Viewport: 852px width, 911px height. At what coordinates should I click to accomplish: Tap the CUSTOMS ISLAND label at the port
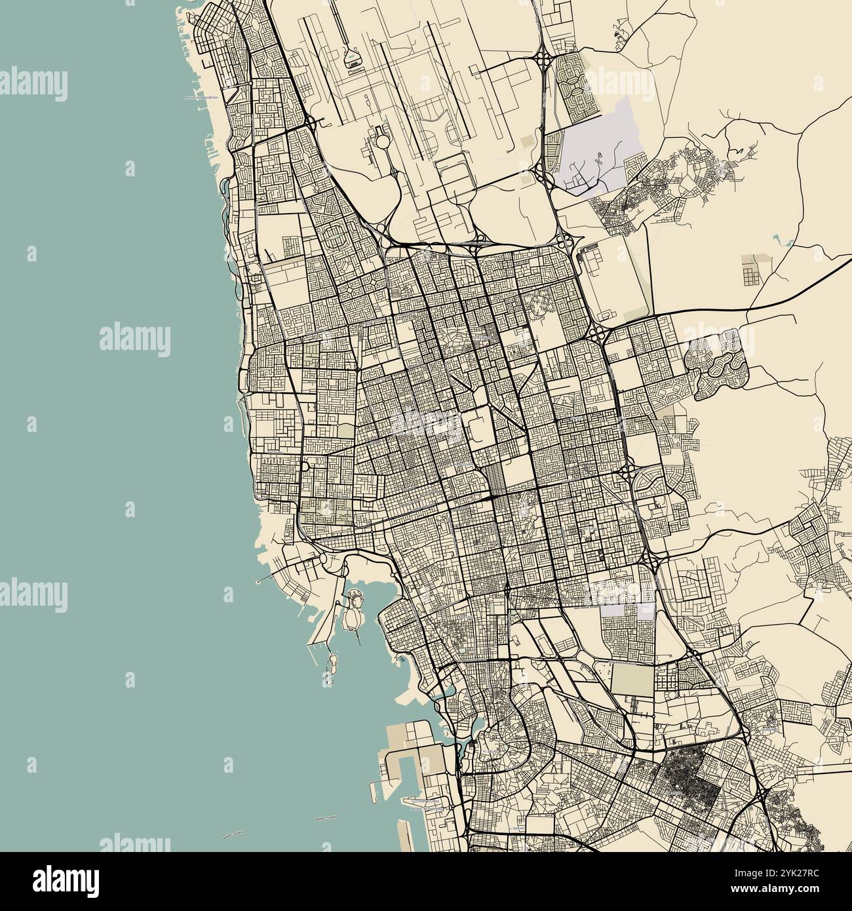pyautogui.click(x=425, y=802)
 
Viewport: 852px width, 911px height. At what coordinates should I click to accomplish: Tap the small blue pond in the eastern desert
pyautogui.click(x=777, y=239)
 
